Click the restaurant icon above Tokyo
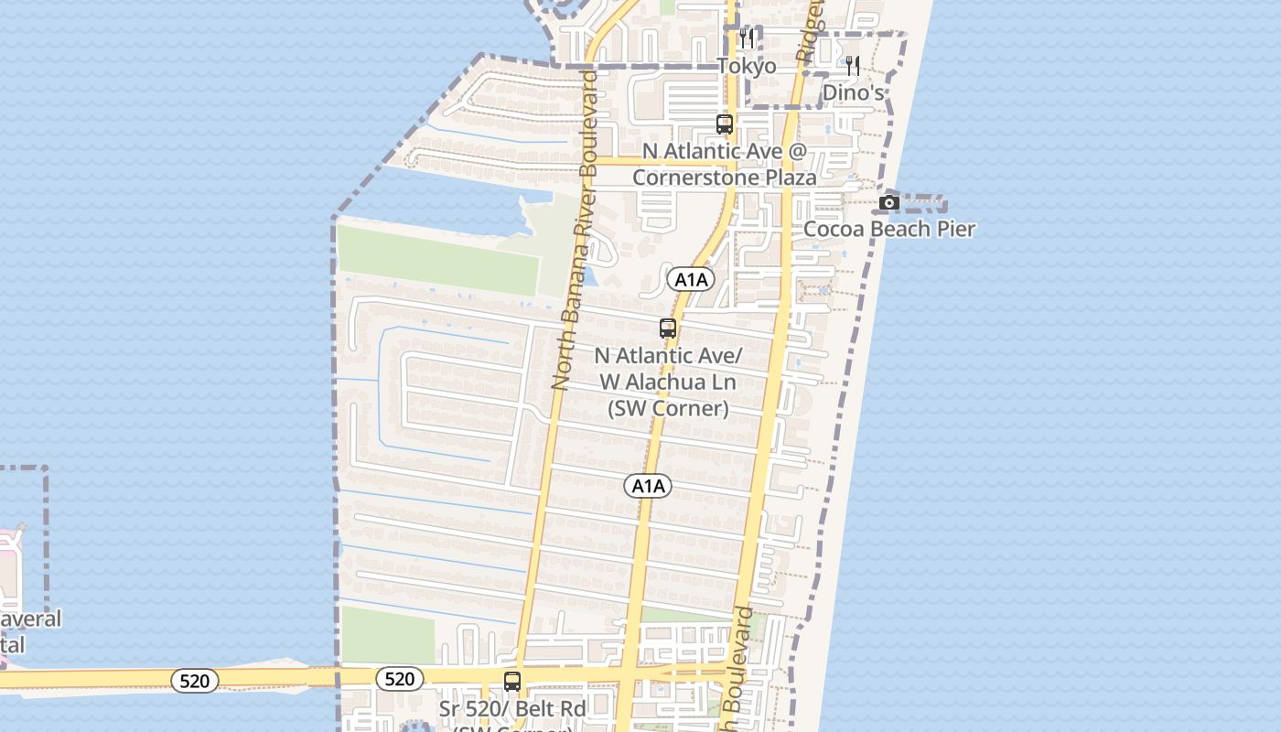(747, 38)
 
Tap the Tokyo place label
(747, 66)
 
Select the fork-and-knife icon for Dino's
(853, 66)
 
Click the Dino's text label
(853, 92)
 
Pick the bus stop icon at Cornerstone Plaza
(725, 124)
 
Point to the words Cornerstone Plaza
(724, 177)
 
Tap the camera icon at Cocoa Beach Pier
(888, 202)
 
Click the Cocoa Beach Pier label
(888, 229)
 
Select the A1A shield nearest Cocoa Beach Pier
(691, 280)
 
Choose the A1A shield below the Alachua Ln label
(648, 486)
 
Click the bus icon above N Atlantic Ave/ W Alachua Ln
(668, 328)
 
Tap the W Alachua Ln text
(667, 382)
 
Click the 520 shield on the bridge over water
(194, 680)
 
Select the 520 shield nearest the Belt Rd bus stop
(399, 679)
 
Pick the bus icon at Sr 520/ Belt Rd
(512, 682)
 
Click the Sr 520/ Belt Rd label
(511, 708)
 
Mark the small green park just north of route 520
(387, 635)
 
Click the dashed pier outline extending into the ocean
(924, 203)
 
